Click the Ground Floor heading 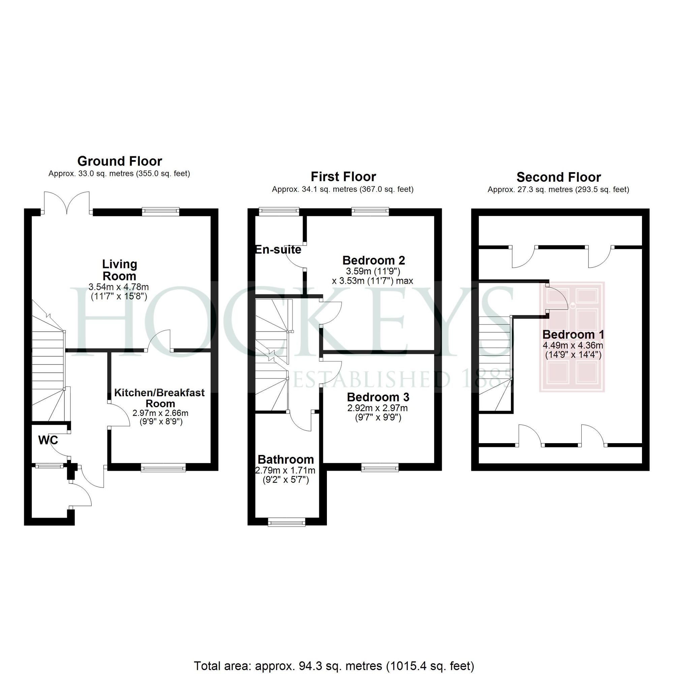click(x=120, y=161)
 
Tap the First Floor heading click(x=343, y=177)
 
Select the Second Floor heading click(x=558, y=177)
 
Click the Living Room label click(x=119, y=270)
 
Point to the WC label click(x=48, y=440)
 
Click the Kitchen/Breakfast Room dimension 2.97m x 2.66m click(x=160, y=413)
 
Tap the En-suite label click(x=278, y=249)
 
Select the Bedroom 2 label click(x=374, y=260)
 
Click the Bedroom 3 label click(x=378, y=397)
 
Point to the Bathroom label click(x=286, y=459)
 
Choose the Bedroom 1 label click(x=573, y=335)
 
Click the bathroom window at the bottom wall click(x=286, y=522)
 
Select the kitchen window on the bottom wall click(x=163, y=468)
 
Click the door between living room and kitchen click(x=159, y=342)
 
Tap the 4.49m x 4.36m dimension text click(x=573, y=346)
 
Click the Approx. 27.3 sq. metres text click(x=558, y=189)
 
